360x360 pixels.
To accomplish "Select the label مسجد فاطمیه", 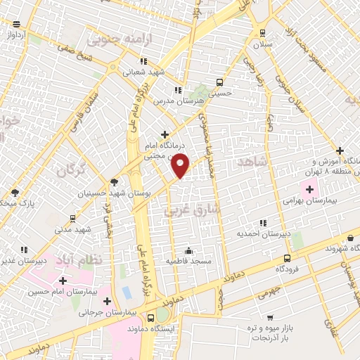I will (188, 262).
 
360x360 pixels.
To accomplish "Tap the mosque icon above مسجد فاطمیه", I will (188, 250).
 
